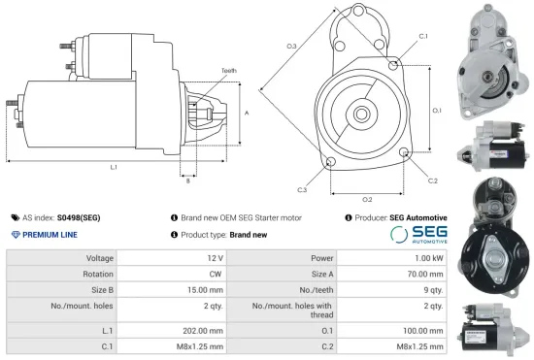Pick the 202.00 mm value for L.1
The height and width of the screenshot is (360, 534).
click(208, 331)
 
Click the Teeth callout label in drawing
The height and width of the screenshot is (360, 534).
click(228, 71)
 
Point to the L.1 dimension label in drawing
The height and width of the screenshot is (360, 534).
click(114, 168)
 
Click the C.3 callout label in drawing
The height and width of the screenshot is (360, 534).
click(303, 188)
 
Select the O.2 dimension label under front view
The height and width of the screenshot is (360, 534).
click(367, 198)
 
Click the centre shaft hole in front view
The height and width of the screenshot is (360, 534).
click(361, 115)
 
